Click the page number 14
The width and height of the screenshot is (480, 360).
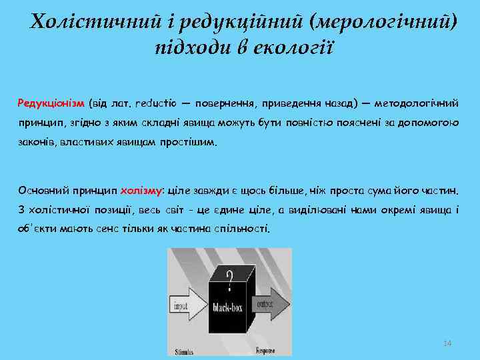pos(447,343)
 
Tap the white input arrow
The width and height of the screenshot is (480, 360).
pos(189,306)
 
